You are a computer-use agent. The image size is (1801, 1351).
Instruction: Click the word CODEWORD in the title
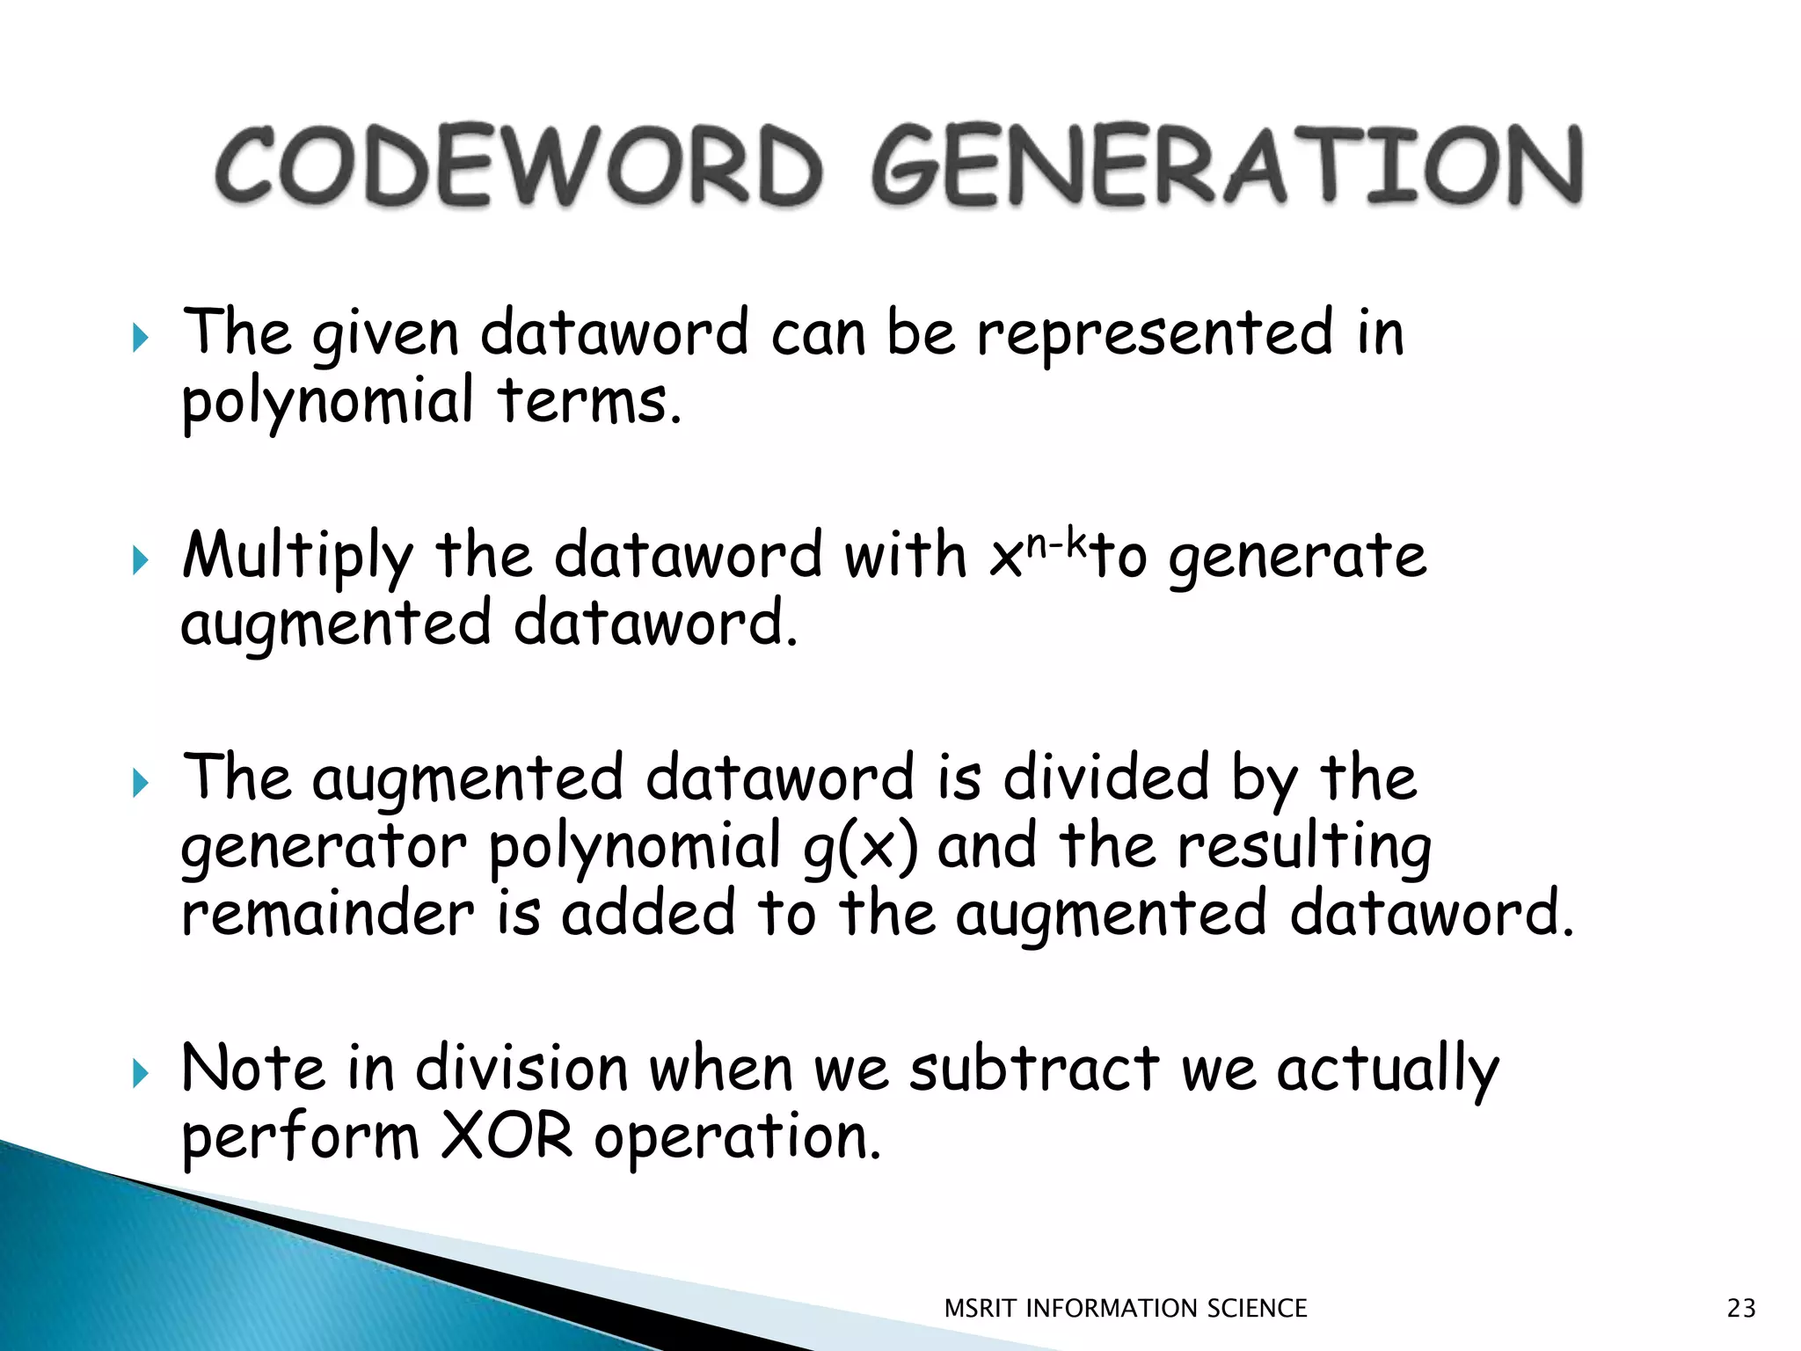click(x=519, y=165)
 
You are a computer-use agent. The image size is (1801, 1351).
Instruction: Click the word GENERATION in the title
click(x=1228, y=165)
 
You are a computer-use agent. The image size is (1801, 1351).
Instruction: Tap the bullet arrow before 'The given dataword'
click(x=141, y=337)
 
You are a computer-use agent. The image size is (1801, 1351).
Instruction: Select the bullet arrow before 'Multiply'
click(x=141, y=559)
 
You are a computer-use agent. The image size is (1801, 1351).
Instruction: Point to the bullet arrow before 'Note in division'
click(x=141, y=1073)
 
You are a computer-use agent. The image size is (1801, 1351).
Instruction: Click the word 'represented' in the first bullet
click(x=1155, y=334)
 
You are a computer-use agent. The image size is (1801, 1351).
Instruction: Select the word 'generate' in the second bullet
click(x=1297, y=558)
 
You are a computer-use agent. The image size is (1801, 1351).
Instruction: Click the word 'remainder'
click(x=327, y=914)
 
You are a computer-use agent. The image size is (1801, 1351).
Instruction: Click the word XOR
click(x=507, y=1137)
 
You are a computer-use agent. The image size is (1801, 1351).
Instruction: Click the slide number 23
click(x=1741, y=1308)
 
